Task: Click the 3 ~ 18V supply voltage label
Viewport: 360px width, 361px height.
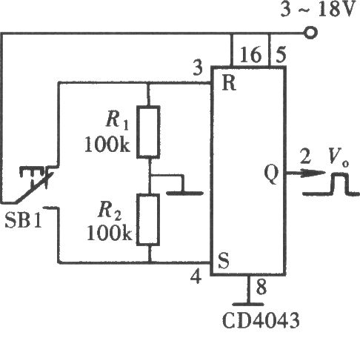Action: coord(318,10)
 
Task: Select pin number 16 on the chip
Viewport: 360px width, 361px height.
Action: coord(250,54)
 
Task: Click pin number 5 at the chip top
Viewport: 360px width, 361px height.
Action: coord(281,54)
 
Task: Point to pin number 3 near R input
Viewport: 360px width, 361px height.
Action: coord(198,67)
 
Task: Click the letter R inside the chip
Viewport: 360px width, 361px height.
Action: coord(229,83)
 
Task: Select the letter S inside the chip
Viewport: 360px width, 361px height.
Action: coord(224,261)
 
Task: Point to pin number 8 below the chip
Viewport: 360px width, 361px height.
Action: coord(261,287)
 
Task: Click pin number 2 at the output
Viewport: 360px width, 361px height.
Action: coord(305,156)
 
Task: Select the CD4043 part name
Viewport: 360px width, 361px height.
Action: coord(261,320)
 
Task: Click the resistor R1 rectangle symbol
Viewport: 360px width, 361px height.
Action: coord(148,132)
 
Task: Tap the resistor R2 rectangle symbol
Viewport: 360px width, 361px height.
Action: coord(148,219)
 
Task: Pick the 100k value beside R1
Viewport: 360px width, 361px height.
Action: coord(107,145)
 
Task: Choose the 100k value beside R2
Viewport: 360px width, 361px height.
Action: coord(110,233)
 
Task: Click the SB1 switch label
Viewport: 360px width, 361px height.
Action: coord(24,220)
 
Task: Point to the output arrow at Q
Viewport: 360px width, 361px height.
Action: coord(306,173)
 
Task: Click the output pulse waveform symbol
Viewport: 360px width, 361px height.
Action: coord(331,184)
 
